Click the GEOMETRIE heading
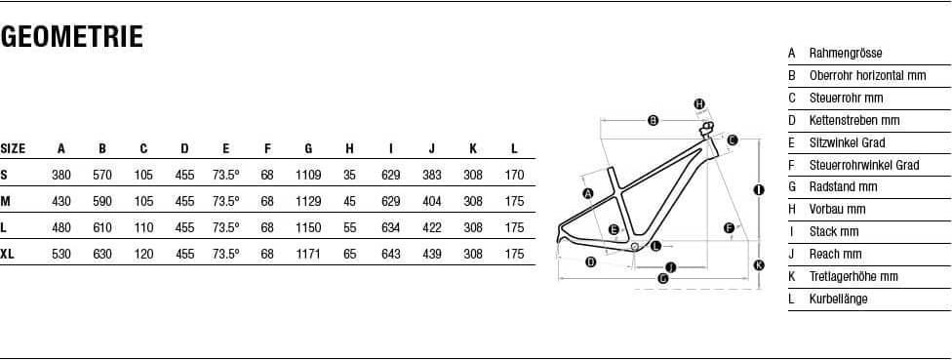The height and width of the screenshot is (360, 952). [71, 37]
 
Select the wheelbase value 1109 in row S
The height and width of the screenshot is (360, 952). [308, 175]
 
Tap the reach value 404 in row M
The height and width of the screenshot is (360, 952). [432, 201]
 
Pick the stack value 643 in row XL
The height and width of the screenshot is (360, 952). [390, 254]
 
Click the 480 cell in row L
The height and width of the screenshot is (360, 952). [61, 227]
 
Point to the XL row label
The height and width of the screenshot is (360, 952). [7, 254]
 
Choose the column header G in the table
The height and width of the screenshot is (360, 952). [308, 148]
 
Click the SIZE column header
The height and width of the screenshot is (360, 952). [13, 148]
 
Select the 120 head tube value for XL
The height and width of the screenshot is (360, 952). [144, 254]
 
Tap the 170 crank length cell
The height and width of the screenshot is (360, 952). [514, 175]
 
